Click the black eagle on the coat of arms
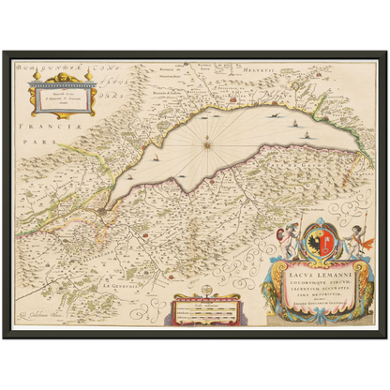click(x=313, y=244)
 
